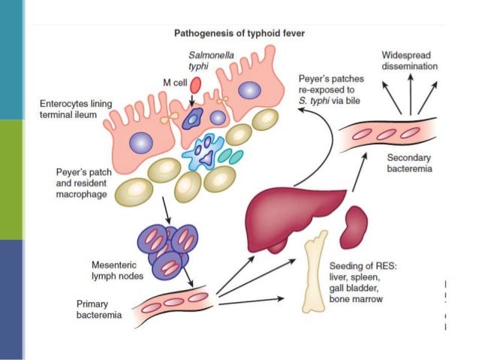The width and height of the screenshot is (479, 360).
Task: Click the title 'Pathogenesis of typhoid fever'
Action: click(x=246, y=33)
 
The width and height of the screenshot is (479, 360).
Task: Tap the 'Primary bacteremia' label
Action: click(x=100, y=310)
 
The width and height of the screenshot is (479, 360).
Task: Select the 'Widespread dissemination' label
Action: click(x=409, y=62)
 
